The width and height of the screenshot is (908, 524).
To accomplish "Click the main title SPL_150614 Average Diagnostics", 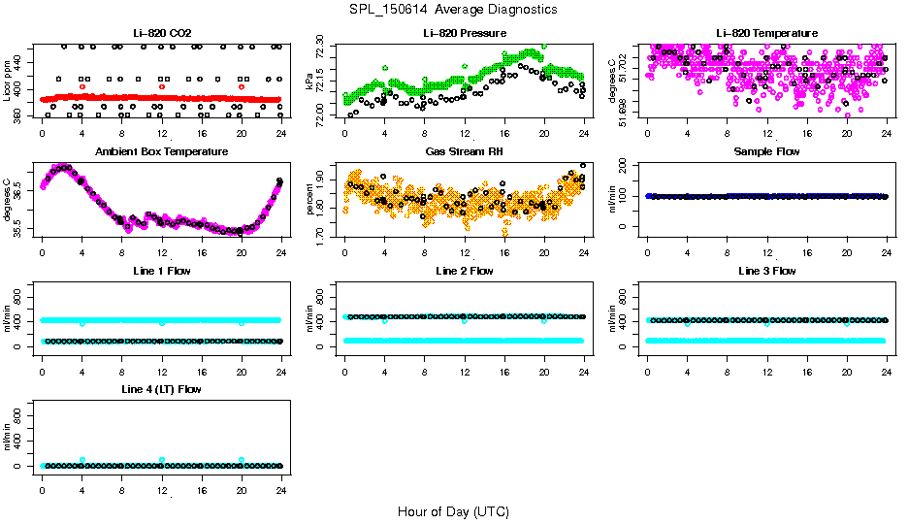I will pos(454,9).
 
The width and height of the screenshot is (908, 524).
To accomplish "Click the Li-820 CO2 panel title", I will pos(161,33).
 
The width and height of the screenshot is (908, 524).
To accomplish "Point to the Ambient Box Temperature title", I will pos(161,152).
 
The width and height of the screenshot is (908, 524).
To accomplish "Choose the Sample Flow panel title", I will pos(766,152).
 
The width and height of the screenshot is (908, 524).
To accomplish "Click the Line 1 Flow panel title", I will pos(161,271).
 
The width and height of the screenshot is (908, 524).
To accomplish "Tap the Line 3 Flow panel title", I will pos(766,271).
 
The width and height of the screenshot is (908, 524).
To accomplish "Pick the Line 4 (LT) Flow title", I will pos(161,389).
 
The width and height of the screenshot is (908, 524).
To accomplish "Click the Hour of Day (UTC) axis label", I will pos(453,511).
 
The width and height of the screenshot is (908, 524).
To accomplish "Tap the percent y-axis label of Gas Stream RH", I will pos(309,200).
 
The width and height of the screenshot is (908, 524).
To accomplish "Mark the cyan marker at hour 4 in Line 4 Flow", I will pos(82,460).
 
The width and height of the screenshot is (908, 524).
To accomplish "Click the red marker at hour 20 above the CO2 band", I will pos(242,86).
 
